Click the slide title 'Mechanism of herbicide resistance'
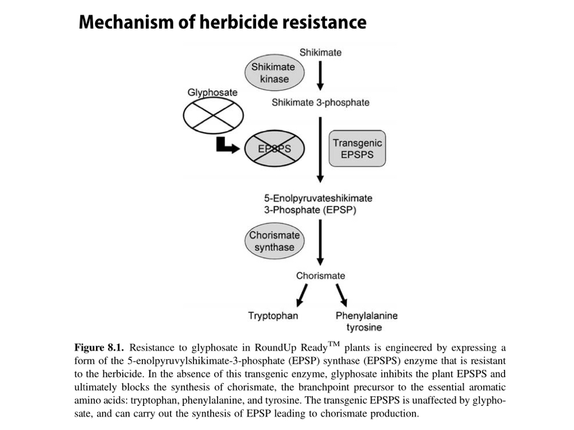(x=222, y=22)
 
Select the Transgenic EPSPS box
(x=357, y=148)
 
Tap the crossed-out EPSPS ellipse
(x=274, y=148)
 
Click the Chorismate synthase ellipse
(x=274, y=241)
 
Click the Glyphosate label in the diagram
(x=212, y=92)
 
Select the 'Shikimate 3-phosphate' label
(x=320, y=103)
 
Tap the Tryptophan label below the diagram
(x=273, y=315)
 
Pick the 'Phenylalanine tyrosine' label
(x=366, y=321)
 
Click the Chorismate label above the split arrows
(x=320, y=276)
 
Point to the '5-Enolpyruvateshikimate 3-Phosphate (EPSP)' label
(x=318, y=204)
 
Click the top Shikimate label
(x=320, y=53)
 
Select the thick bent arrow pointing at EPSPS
(x=227, y=147)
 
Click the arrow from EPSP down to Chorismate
(x=320, y=241)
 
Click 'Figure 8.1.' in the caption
(x=100, y=348)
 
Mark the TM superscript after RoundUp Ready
(x=333, y=345)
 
